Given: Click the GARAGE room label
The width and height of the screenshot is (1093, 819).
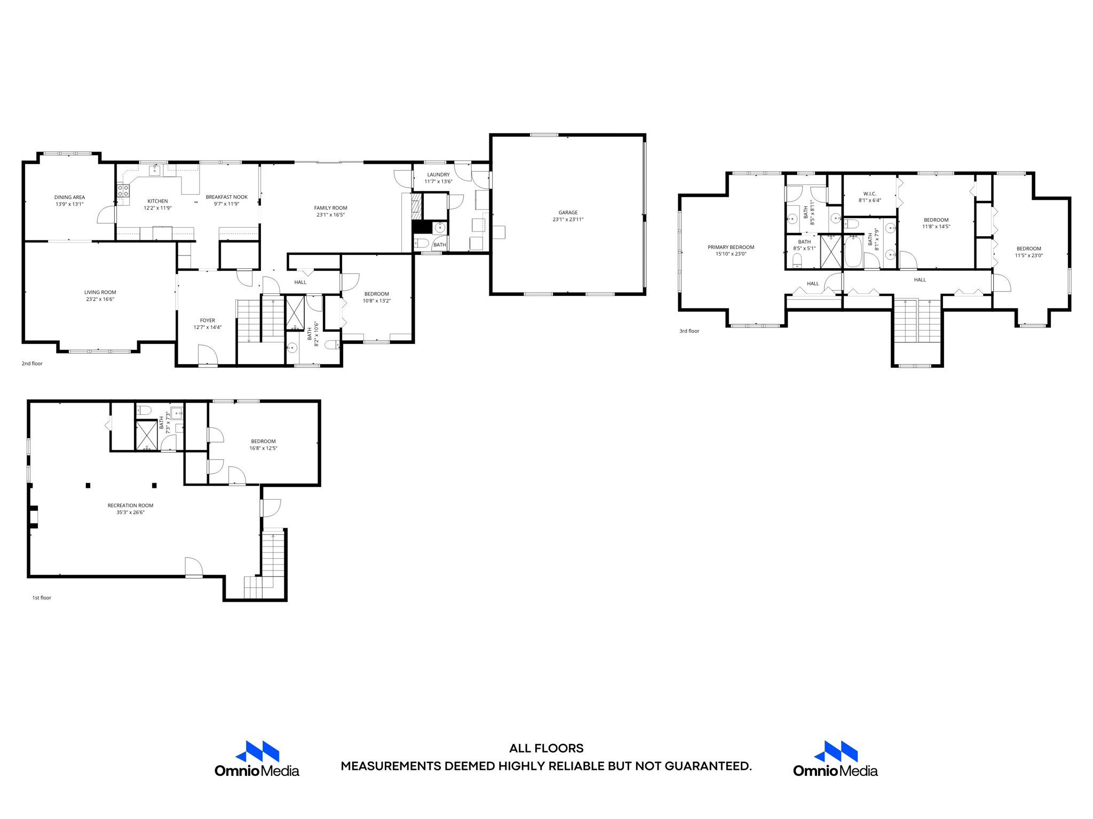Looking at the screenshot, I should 568,212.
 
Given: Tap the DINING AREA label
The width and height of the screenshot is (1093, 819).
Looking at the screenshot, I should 69,197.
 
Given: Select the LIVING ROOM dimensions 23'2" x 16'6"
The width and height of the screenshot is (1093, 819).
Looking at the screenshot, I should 100,299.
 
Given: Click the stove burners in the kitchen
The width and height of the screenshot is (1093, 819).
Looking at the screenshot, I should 123,191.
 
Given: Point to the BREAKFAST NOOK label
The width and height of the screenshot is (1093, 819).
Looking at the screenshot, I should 226,197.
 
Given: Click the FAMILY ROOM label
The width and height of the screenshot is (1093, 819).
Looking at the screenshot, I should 330,208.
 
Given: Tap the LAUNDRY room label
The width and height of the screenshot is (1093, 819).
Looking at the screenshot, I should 438,175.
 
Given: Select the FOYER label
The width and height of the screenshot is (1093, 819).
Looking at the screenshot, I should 208,320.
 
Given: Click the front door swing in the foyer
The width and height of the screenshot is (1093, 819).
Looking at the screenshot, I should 208,355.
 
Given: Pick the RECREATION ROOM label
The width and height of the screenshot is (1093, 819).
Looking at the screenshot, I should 130,505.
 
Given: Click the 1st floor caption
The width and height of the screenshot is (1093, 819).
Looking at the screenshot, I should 42,598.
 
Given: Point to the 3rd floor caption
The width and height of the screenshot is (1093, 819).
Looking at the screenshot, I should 689,331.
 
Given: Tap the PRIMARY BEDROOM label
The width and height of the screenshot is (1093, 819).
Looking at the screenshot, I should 731,247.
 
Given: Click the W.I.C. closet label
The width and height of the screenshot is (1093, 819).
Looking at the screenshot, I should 869,194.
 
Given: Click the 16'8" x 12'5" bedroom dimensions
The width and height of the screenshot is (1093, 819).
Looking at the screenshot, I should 263,448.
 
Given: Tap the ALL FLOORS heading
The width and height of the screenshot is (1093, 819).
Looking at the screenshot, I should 546,748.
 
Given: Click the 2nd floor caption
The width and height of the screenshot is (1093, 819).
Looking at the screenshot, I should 32,364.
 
